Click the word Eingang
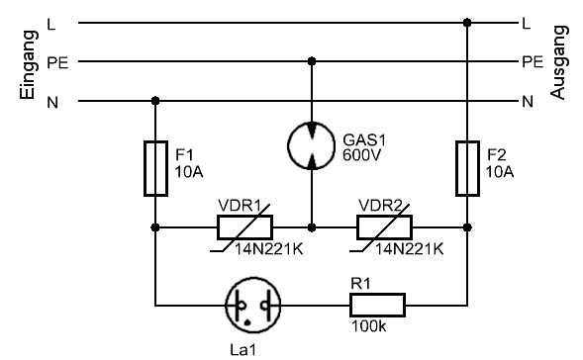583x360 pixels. point(29,65)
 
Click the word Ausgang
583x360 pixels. point(559,62)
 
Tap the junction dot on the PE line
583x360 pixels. point(312,61)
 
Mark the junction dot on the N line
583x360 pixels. point(155,101)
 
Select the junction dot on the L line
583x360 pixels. point(467,23)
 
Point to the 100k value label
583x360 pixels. point(369,326)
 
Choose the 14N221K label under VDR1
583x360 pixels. point(268,249)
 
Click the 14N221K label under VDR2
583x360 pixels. point(409,249)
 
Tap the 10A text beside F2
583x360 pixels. point(500,172)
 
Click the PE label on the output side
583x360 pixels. point(533,62)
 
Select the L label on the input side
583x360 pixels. point(51,25)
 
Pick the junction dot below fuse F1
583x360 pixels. point(155,227)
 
